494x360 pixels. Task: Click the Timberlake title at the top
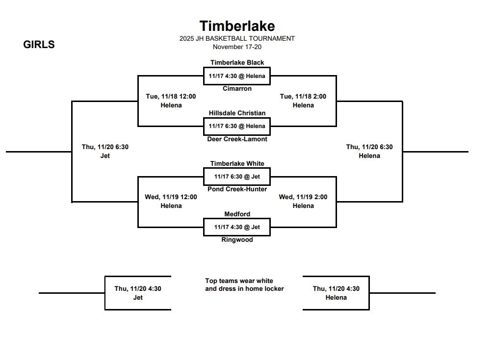point(237,26)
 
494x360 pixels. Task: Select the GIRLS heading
point(39,45)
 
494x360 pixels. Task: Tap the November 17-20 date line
point(237,47)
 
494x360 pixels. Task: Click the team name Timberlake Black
point(237,62)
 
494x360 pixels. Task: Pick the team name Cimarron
point(237,89)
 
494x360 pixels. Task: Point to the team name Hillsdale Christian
point(237,113)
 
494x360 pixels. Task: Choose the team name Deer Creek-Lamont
point(237,139)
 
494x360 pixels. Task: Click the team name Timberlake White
point(237,163)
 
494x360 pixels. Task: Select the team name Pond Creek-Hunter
point(237,189)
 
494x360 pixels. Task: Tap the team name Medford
point(237,214)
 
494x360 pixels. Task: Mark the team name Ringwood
point(237,240)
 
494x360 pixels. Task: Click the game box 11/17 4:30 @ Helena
point(237,76)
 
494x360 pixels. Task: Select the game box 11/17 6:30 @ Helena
point(237,126)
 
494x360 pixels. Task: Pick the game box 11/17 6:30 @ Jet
point(237,177)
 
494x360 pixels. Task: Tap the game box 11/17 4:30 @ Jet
point(237,227)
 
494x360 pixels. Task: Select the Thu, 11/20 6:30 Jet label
point(105,151)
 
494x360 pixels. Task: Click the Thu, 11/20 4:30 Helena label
point(336,293)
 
